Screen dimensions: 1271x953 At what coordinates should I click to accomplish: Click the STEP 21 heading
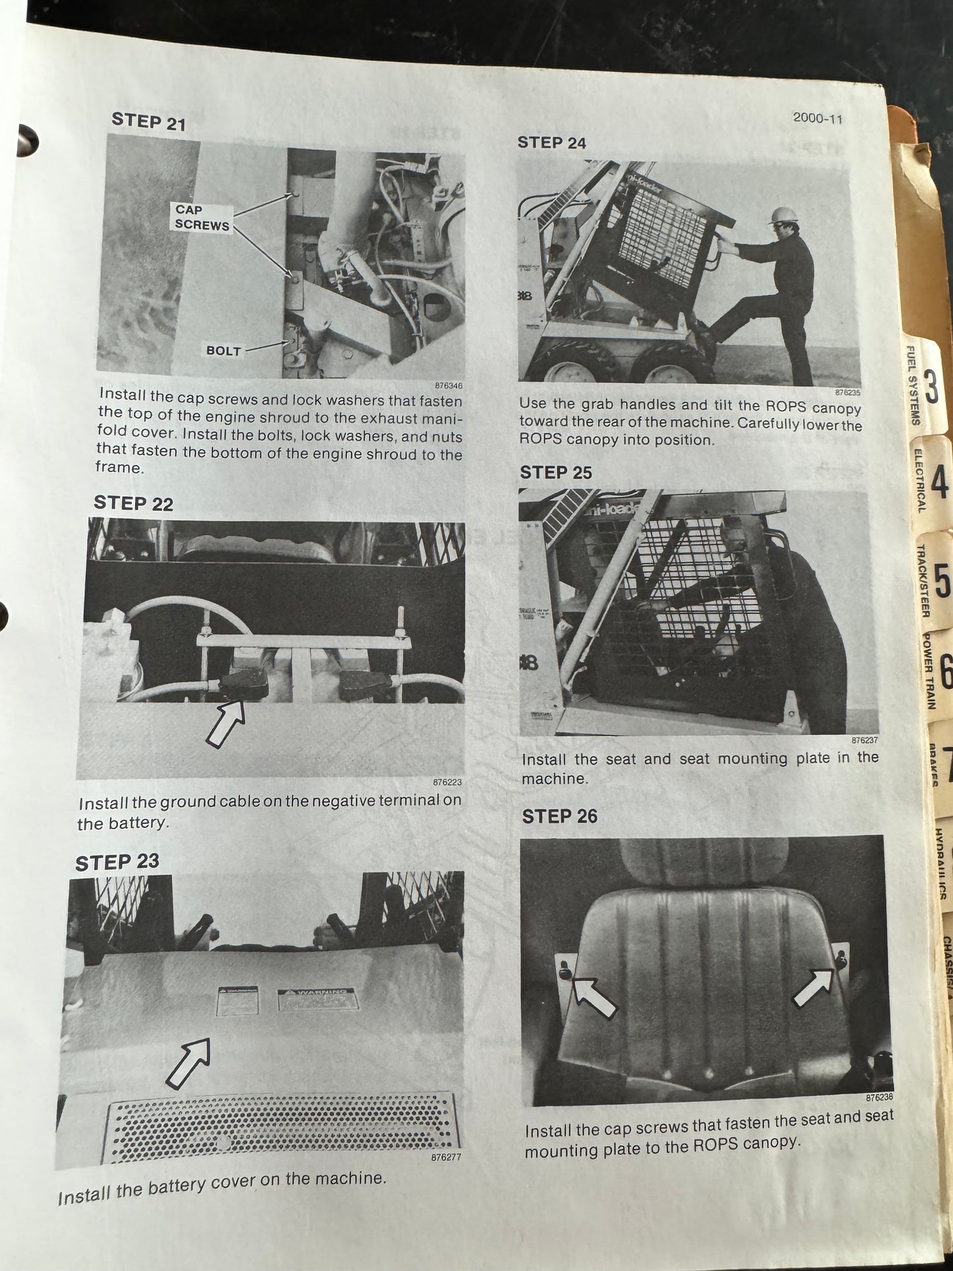coord(148,121)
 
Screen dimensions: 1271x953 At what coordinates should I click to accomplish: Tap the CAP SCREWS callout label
coord(202,218)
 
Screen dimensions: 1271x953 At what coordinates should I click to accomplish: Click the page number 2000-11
coord(817,119)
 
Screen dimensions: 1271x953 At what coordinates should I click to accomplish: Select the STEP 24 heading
coord(551,142)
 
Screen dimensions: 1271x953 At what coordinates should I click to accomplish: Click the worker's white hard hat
coord(783,215)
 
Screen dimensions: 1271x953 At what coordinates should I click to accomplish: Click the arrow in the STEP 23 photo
coord(187,1063)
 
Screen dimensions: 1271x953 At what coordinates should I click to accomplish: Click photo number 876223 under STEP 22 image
coord(447,782)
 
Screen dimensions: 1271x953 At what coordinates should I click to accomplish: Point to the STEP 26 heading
coord(559,817)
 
